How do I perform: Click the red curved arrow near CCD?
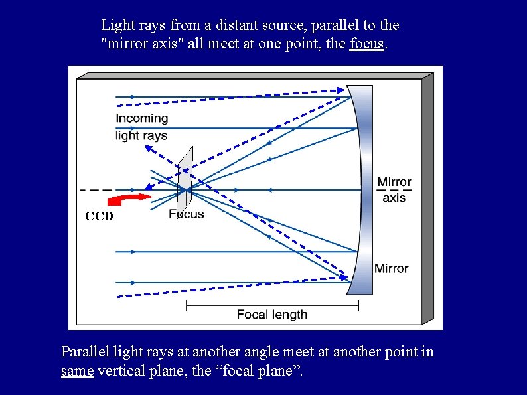click(130, 199)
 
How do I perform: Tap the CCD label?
click(99, 216)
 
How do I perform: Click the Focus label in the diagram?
click(187, 214)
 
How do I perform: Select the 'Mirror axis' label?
click(394, 189)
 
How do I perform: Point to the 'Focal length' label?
click(272, 314)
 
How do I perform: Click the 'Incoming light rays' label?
click(141, 127)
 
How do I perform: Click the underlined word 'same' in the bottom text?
click(77, 370)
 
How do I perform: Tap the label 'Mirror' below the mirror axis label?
click(391, 268)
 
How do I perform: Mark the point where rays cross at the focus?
click(188, 190)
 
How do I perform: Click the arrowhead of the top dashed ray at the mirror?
click(341, 90)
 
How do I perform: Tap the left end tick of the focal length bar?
click(187, 305)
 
